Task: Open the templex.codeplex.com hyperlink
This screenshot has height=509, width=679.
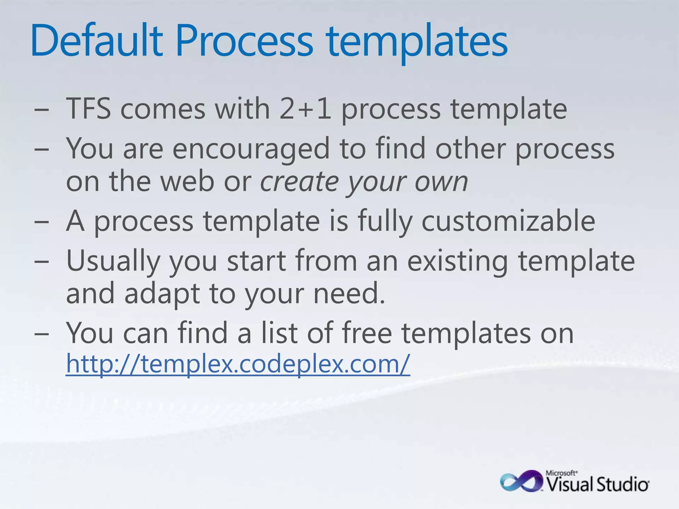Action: (x=238, y=364)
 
